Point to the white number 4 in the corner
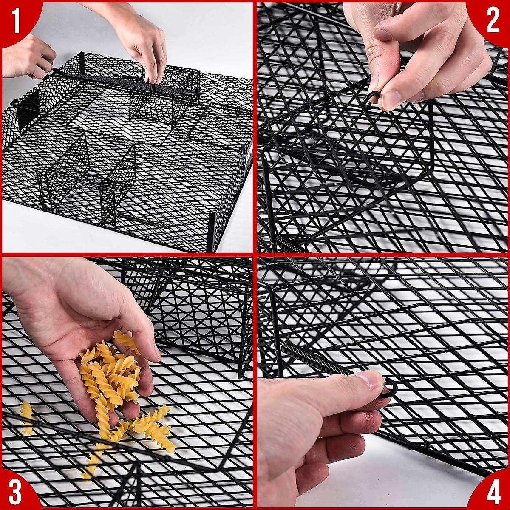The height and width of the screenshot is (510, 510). (x=493, y=493)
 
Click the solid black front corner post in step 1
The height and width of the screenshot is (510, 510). (x=211, y=232)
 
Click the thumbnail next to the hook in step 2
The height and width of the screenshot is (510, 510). (x=390, y=100)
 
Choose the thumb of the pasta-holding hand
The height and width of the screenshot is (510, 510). (x=136, y=323)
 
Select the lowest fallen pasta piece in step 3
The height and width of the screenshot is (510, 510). (x=91, y=461)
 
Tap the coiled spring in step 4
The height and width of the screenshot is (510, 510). (x=314, y=359)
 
